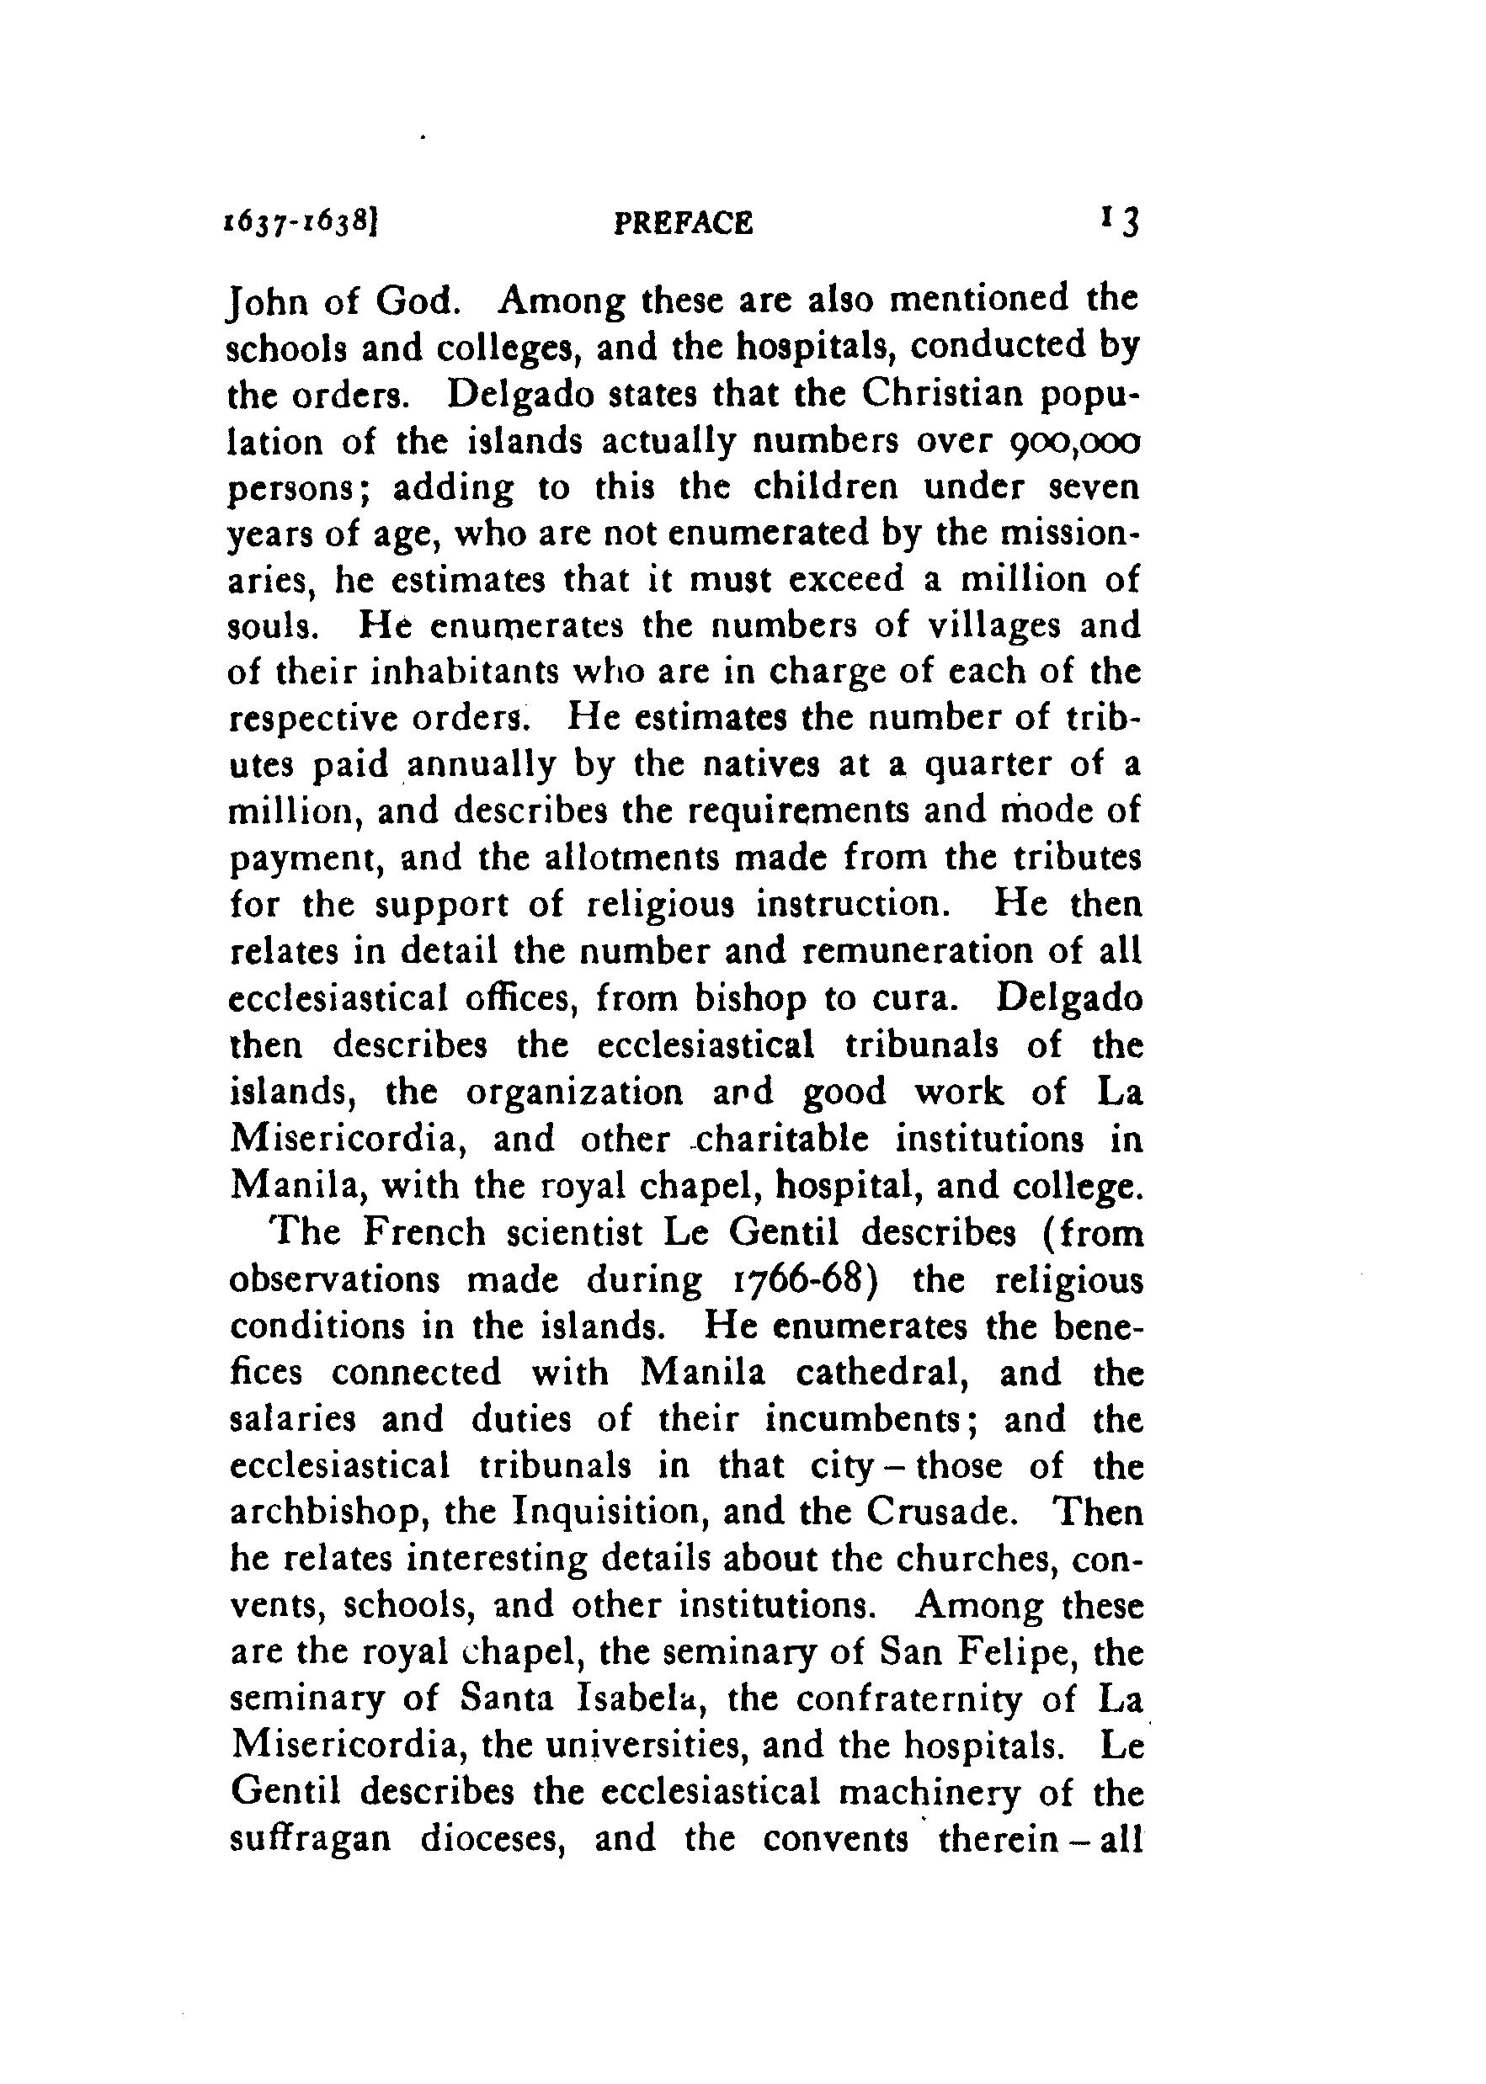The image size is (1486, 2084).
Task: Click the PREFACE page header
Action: (684, 223)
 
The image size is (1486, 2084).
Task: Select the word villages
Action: (990, 627)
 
